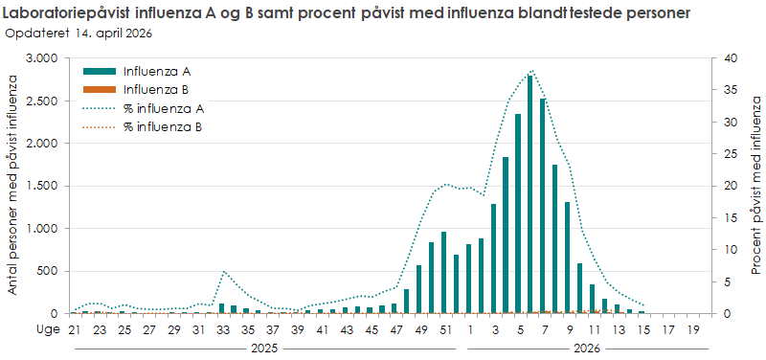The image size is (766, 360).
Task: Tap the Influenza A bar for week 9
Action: pos(567,258)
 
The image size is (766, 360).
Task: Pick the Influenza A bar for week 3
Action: pos(493,259)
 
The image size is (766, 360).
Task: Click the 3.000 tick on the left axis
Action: pos(41,58)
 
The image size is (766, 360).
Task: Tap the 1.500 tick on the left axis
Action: pos(41,186)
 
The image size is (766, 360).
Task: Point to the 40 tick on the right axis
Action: pos(731,58)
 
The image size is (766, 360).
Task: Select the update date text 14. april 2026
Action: pos(110,33)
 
